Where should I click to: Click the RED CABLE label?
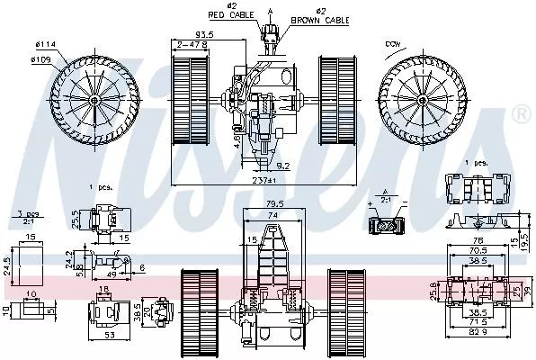[x=231, y=15]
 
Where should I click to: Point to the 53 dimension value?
[x=109, y=336]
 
